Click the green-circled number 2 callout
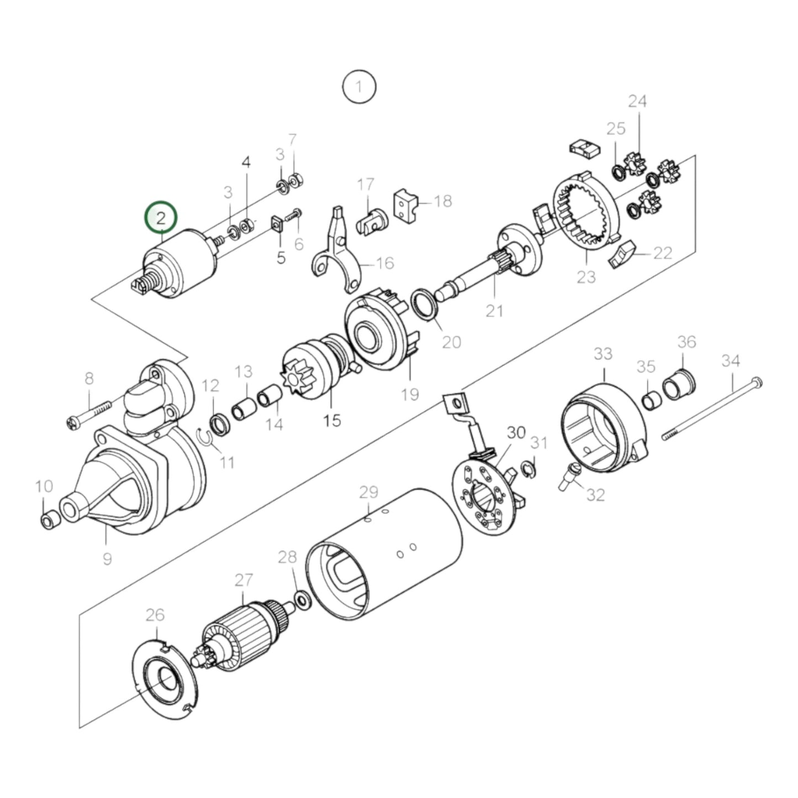[x=160, y=218]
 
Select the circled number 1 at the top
[x=359, y=87]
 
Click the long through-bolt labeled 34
[x=712, y=409]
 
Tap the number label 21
[x=494, y=310]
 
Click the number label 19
[x=410, y=394]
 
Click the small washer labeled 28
[x=302, y=599]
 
